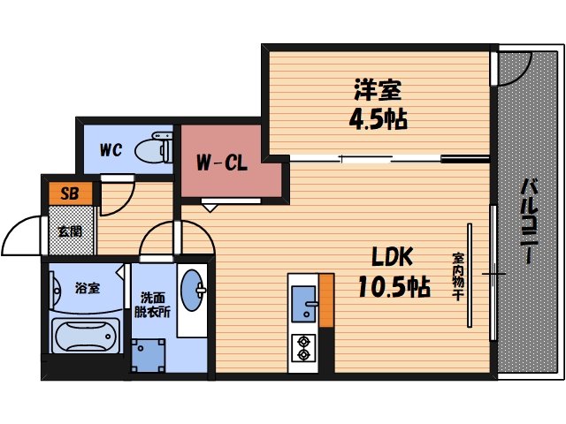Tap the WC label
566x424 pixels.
coord(110,149)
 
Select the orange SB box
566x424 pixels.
coord(70,191)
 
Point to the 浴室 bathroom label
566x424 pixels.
coord(86,287)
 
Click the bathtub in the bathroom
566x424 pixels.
coord(85,337)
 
